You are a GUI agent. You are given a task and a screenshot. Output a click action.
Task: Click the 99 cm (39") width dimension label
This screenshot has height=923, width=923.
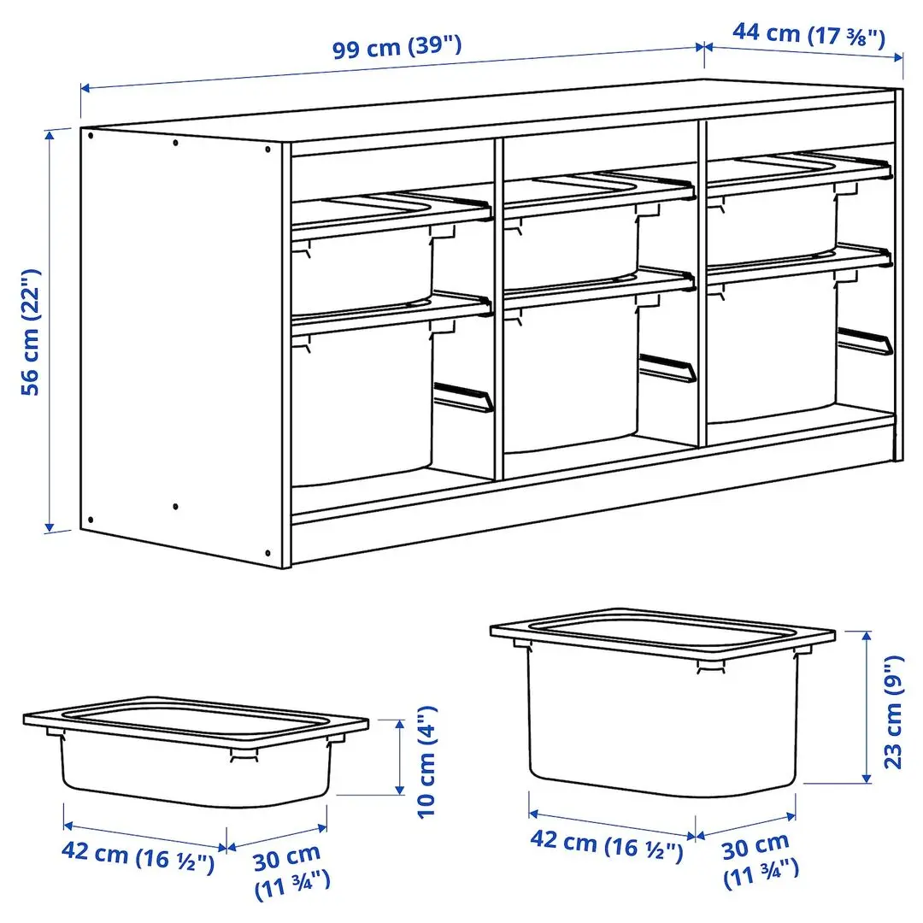tap(397, 47)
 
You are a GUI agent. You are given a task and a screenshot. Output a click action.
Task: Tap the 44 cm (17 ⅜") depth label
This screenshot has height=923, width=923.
tap(808, 35)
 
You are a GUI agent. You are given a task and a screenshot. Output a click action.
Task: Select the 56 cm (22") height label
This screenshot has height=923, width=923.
tap(31, 332)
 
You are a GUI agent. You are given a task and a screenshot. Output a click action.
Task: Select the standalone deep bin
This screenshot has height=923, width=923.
tap(662, 709)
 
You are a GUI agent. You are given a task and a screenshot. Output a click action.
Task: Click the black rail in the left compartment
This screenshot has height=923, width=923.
tap(464, 397)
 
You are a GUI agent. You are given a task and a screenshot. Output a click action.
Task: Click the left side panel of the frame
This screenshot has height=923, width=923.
tap(179, 342)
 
